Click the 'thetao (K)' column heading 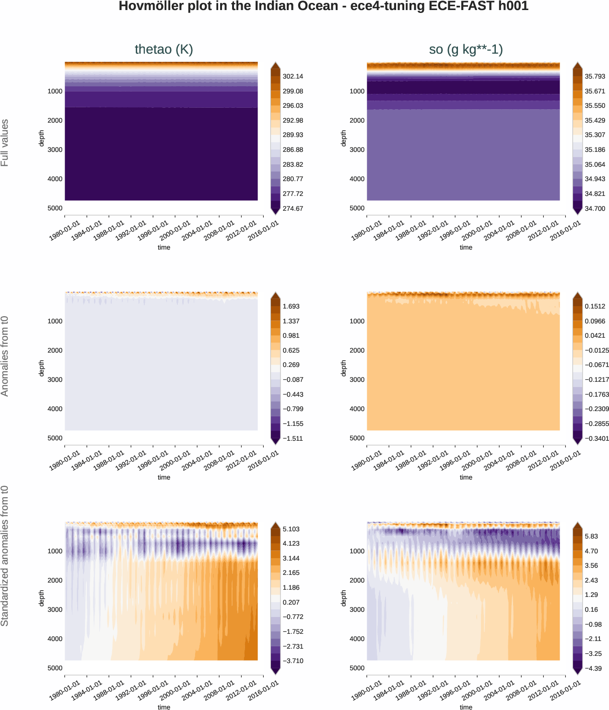(x=164, y=49)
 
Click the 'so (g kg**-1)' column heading (x=466, y=49)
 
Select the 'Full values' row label (x=5, y=143)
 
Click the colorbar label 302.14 (x=293, y=76)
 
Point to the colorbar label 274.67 (x=293, y=208)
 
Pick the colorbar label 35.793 (x=595, y=76)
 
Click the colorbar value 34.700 (x=595, y=208)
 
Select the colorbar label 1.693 (x=291, y=306)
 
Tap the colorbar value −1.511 (x=293, y=438)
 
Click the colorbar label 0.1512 (x=595, y=306)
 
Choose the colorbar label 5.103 (x=291, y=529)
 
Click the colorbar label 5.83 (x=591, y=536)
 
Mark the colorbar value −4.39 (x=593, y=668)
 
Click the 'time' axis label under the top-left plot (x=164, y=247)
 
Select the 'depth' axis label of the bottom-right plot (x=343, y=598)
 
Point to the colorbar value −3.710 (x=293, y=661)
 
